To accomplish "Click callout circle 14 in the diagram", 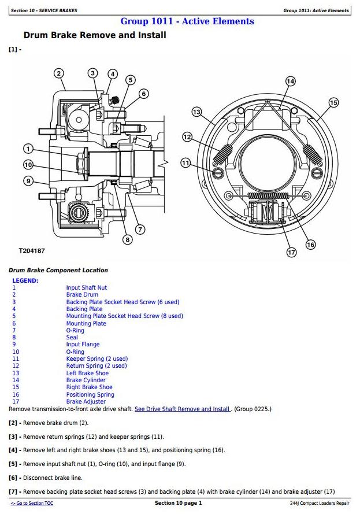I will (x=291, y=81).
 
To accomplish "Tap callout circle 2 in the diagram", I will (x=59, y=73).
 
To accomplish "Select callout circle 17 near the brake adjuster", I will (x=291, y=252).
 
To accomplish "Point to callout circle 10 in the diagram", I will (x=28, y=165).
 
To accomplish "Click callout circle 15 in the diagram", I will (x=333, y=103).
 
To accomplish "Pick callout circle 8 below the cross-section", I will (x=127, y=239).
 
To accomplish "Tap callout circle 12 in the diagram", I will (x=187, y=137).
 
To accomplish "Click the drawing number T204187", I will (x=32, y=251).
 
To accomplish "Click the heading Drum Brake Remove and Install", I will (x=95, y=36).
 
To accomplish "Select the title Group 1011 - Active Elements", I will (x=187, y=21).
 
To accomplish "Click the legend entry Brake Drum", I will (x=82, y=295).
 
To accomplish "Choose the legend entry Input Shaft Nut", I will (x=86, y=287).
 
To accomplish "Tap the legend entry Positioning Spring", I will (x=90, y=394).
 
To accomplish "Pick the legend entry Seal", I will (x=72, y=338).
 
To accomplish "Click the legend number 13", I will (x=16, y=373).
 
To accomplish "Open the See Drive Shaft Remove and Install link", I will (x=182, y=409).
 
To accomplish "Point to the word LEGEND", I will (x=25, y=280).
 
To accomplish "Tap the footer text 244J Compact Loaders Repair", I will (x=320, y=504).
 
